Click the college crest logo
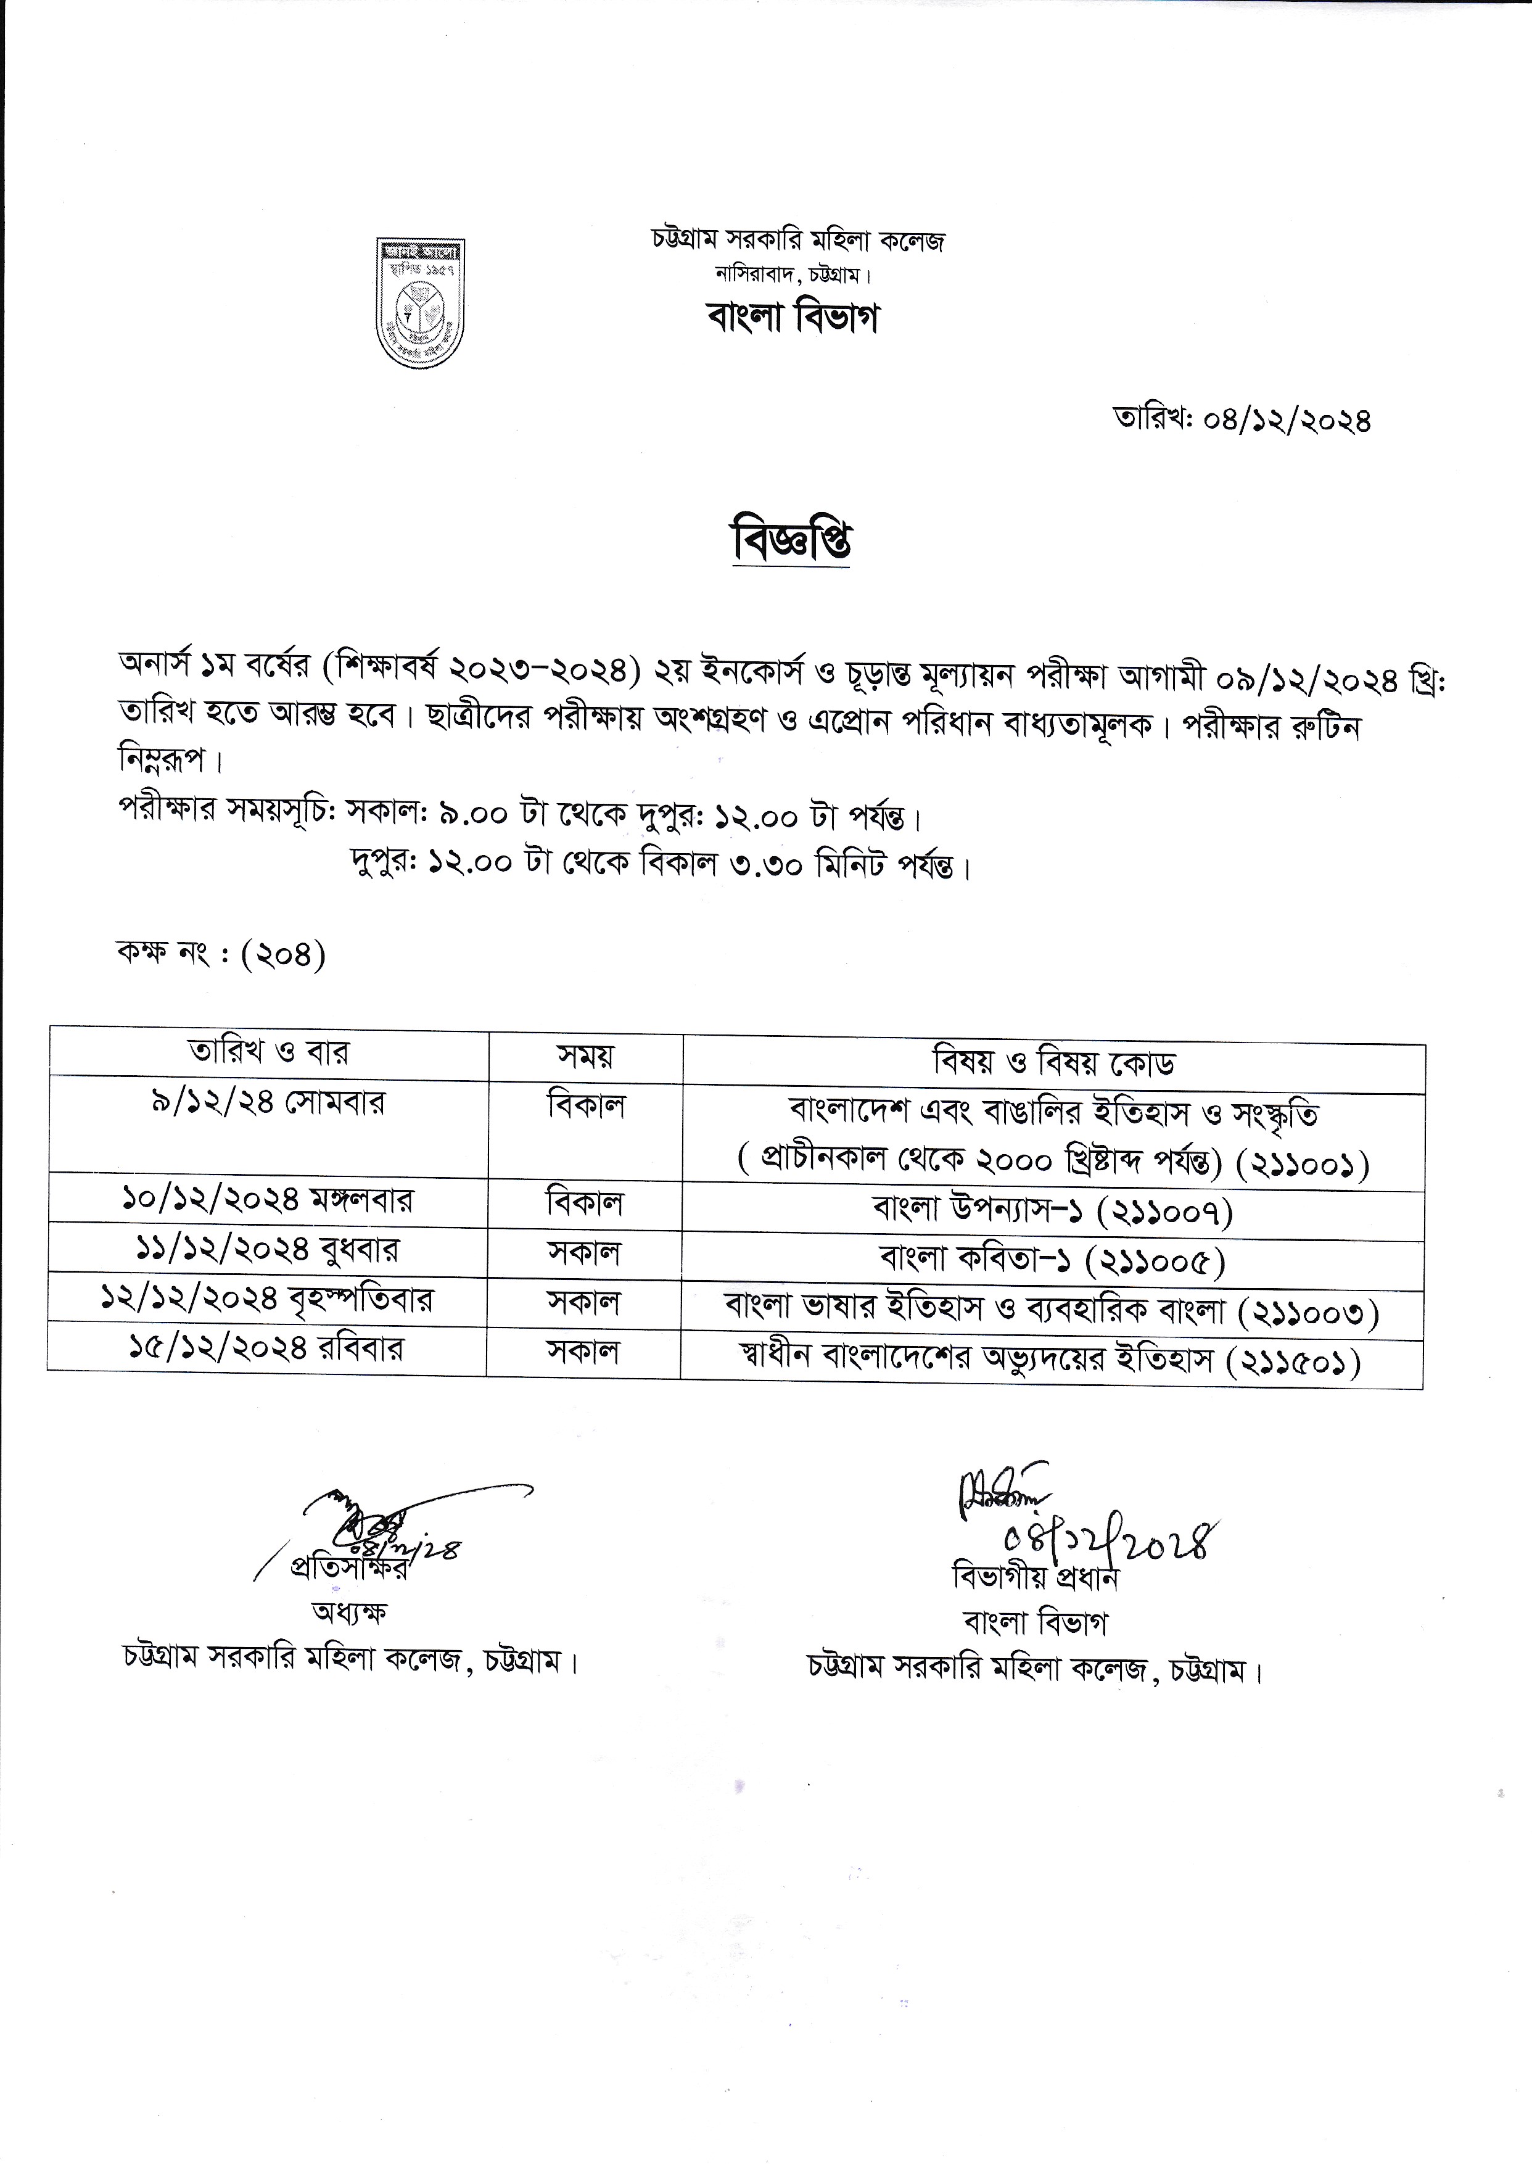(x=420, y=303)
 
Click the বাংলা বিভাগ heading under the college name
(x=793, y=318)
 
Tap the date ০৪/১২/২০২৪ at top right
(x=1287, y=419)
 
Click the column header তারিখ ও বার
(x=269, y=1052)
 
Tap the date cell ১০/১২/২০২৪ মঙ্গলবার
(x=268, y=1200)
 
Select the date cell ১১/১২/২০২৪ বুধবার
(x=267, y=1250)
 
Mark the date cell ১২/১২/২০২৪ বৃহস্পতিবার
(x=267, y=1300)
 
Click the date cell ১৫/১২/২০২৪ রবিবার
(x=267, y=1349)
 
